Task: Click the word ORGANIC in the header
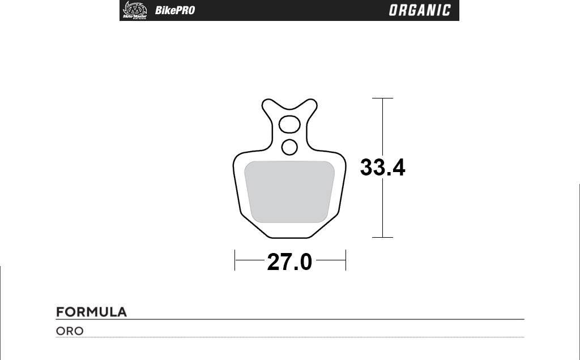(x=420, y=10)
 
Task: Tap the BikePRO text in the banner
(x=174, y=10)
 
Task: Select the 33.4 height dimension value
(x=383, y=168)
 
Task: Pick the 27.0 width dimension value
(x=289, y=262)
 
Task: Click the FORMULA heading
(x=91, y=312)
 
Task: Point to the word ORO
(x=70, y=331)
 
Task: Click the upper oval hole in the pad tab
(x=290, y=124)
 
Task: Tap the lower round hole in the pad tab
(x=289, y=147)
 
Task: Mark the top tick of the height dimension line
(x=383, y=98)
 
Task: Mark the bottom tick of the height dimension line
(x=383, y=237)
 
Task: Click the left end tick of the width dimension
(x=235, y=260)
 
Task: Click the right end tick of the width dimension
(x=346, y=260)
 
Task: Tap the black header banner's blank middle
(x=289, y=10)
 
